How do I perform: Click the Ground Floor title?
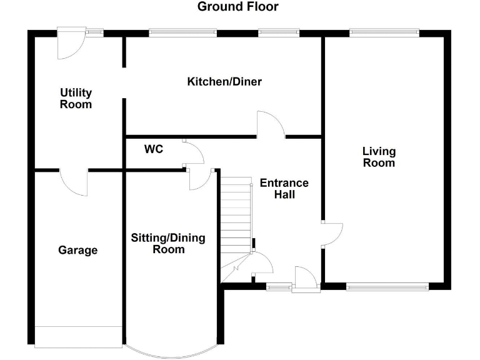[237, 7]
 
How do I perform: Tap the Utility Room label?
[76, 99]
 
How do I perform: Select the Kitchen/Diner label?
[224, 82]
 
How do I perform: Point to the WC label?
[154, 149]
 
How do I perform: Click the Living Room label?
[379, 157]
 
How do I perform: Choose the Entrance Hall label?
[284, 189]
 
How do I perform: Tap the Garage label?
[78, 250]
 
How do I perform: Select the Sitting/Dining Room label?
[167, 244]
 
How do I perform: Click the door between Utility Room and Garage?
[74, 182]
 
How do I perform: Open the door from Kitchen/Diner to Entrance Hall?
[271, 124]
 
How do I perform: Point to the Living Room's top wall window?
[384, 31]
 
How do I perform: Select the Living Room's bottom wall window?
[387, 287]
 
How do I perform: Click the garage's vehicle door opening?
[78, 336]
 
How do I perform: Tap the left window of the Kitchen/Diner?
[182, 32]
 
